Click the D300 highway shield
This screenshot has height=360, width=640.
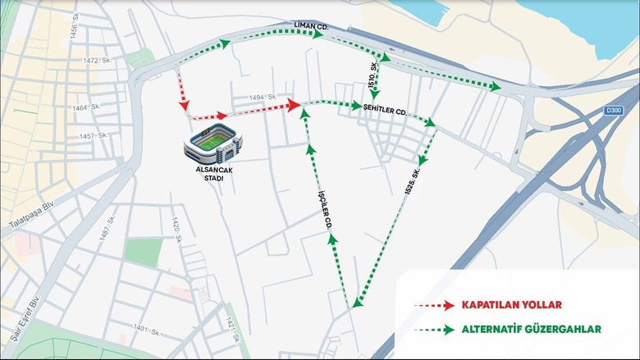point(612,110)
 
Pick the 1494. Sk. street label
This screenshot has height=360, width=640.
point(261,97)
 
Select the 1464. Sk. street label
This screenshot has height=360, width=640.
point(85,107)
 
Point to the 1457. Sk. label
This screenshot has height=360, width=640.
point(92,136)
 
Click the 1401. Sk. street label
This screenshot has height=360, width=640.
point(145,330)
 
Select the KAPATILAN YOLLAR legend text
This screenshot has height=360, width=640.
point(511,305)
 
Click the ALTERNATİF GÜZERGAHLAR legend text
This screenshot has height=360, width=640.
point(531,329)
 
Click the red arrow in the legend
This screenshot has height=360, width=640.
point(434,305)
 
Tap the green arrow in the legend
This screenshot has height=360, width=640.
point(434,330)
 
